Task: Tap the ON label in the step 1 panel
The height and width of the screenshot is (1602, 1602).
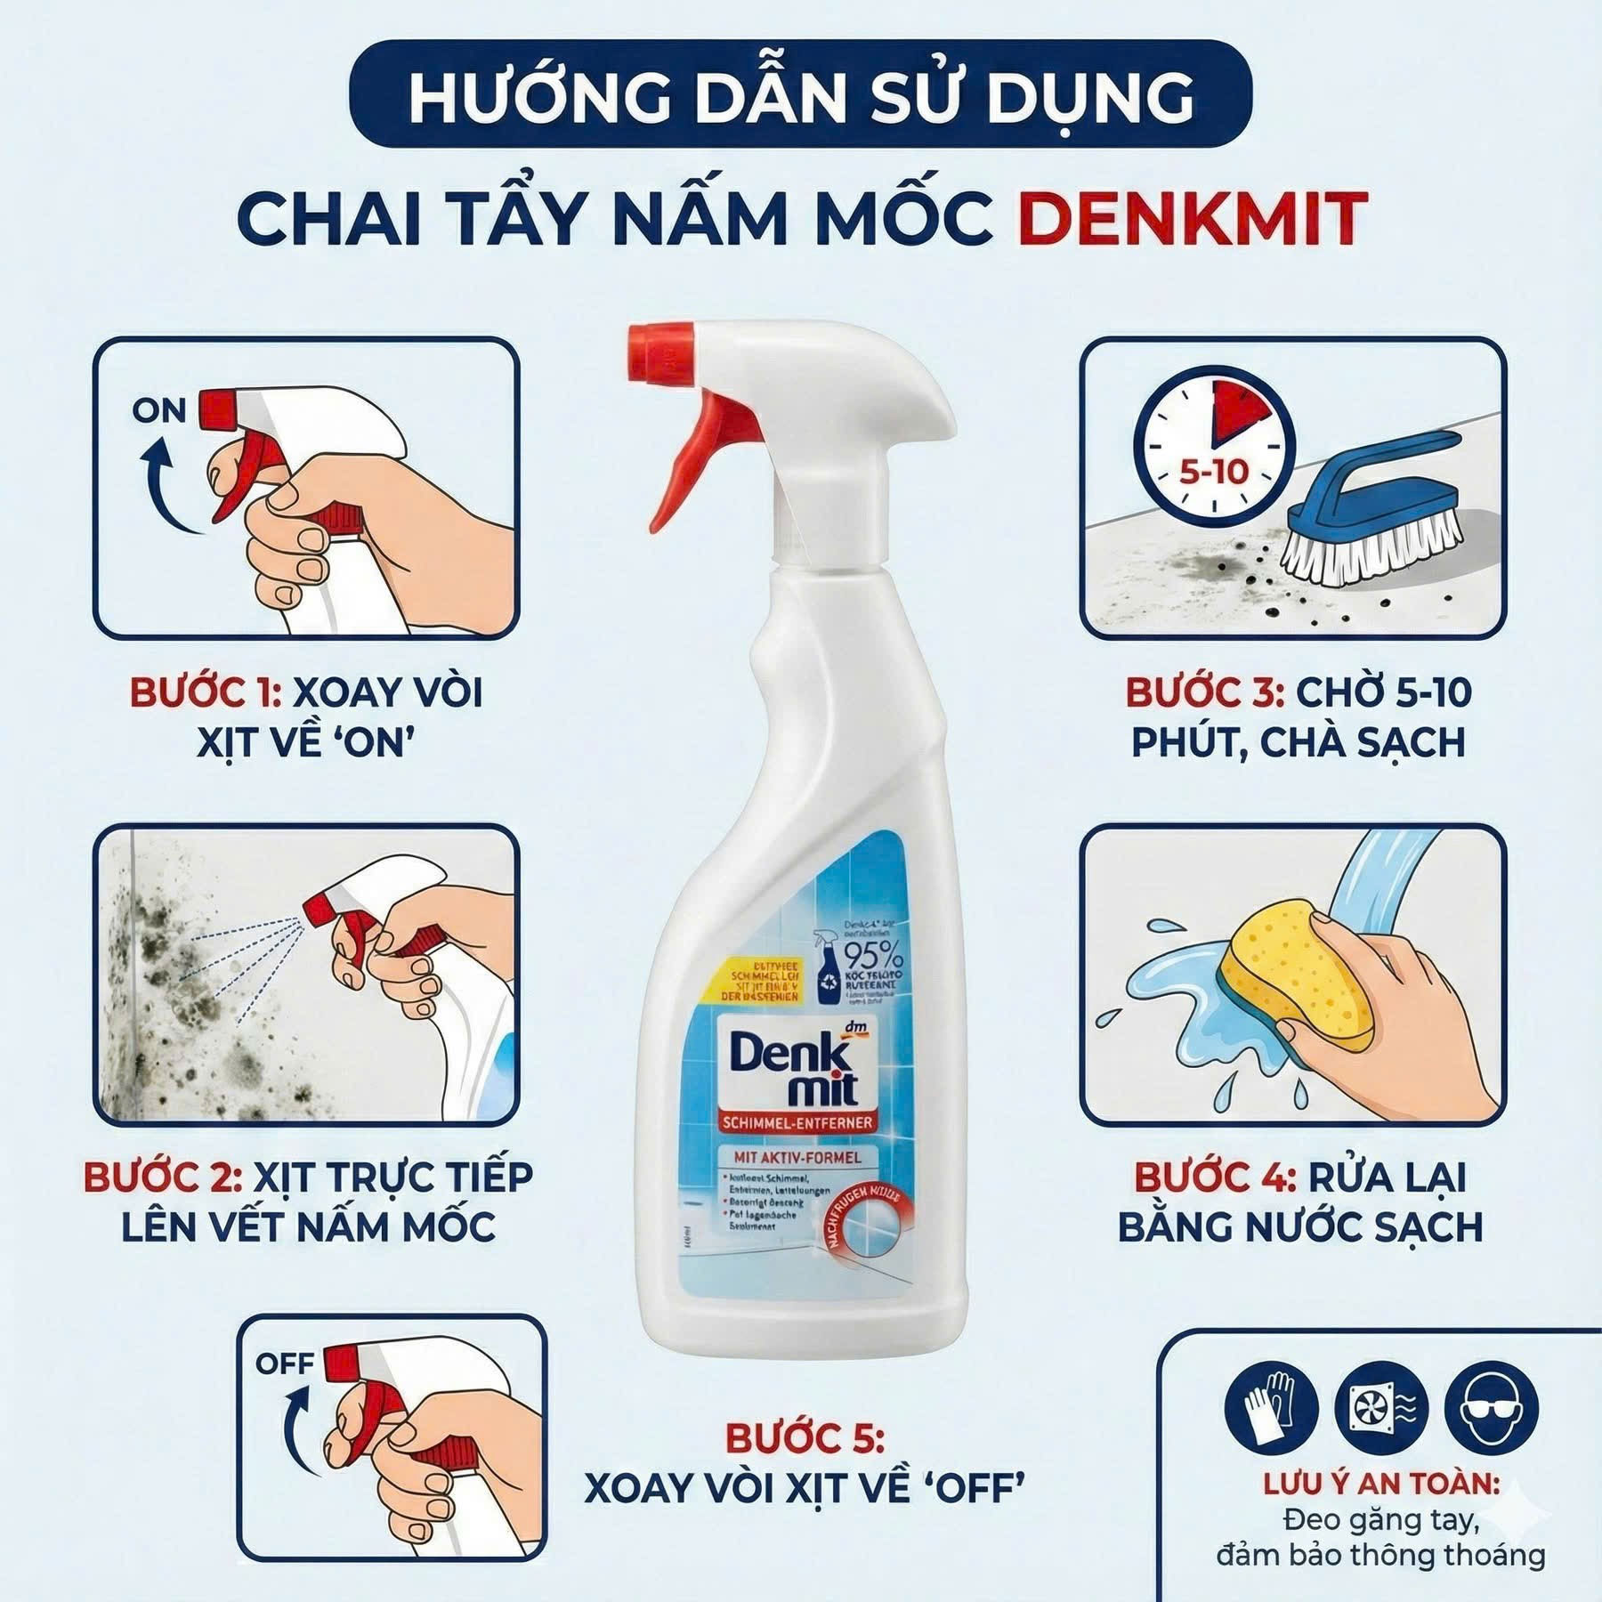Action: (x=159, y=411)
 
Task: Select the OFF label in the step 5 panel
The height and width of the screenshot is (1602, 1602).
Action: (x=284, y=1363)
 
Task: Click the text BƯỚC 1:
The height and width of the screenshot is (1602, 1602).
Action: (x=206, y=693)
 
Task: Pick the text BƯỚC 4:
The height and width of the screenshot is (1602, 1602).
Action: (x=1214, y=1177)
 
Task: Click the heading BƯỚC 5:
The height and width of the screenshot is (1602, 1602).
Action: (x=805, y=1437)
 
